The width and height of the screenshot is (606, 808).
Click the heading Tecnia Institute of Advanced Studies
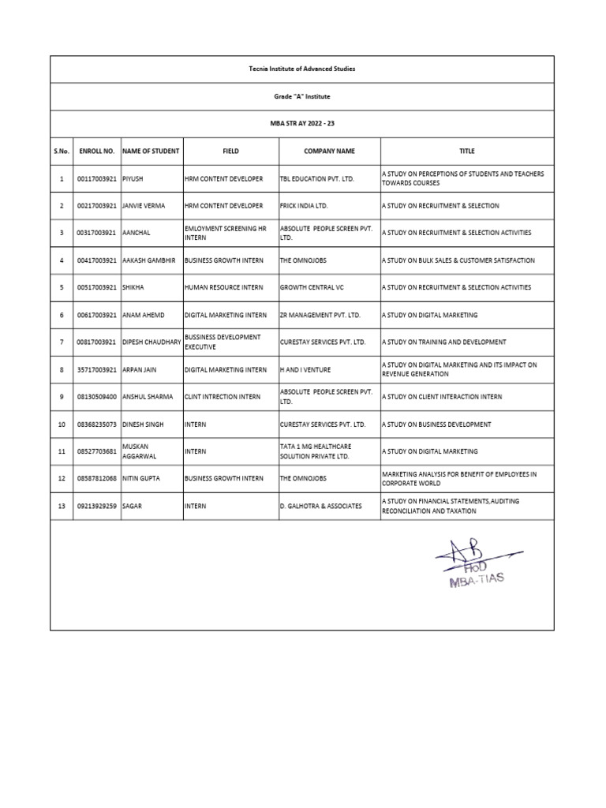tap(302, 69)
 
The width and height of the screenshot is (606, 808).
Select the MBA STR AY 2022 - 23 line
tap(302, 124)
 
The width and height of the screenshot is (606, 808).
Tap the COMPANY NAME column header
tap(329, 151)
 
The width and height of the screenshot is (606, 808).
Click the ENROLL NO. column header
tap(96, 151)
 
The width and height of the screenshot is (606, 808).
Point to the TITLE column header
tap(467, 151)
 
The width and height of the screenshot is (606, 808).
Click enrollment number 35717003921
tap(96, 369)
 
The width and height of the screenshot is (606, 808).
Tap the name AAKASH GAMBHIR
tap(148, 260)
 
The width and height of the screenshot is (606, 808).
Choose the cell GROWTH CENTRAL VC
tap(312, 287)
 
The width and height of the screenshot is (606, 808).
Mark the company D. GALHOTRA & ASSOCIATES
tap(320, 506)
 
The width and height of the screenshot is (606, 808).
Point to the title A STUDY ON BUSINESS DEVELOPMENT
tap(436, 425)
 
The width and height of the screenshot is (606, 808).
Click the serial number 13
tap(62, 506)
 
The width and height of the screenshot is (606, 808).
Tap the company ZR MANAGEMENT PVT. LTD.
tap(320, 315)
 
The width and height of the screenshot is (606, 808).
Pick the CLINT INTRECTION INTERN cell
tap(223, 397)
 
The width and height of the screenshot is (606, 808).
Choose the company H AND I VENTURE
tap(305, 369)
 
